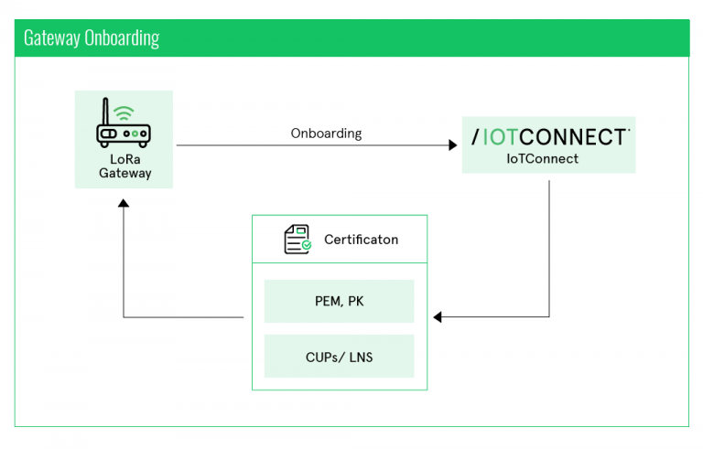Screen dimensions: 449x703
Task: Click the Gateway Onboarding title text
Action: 92,37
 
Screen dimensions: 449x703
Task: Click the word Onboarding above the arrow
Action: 326,134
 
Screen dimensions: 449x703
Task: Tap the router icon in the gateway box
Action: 124,128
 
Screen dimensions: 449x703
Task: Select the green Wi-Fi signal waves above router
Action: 124,113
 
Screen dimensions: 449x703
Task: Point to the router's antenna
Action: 103,115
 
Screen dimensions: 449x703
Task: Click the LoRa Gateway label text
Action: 124,166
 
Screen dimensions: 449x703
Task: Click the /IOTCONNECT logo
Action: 549,137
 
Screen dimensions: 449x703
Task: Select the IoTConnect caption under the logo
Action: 549,159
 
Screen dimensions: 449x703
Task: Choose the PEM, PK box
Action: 339,302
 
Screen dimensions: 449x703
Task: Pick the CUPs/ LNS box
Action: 339,357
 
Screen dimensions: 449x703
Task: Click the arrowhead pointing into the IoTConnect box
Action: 453,145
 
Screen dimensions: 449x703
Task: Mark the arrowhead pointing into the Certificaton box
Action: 438,317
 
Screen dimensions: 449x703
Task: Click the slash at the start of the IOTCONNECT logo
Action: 475,137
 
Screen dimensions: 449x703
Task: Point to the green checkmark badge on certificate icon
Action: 307,246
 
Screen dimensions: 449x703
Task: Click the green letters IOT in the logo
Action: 504,137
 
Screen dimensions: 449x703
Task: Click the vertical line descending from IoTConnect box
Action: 549,247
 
